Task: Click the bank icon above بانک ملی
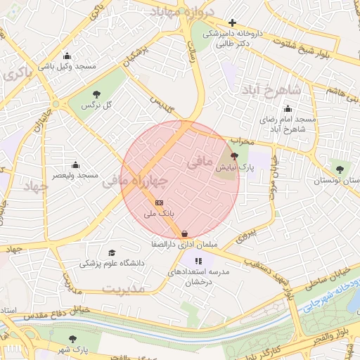[158, 202]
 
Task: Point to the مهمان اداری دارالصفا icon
[184, 234]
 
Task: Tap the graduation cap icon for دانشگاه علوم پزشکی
[112, 253]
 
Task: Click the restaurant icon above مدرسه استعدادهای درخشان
[188, 262]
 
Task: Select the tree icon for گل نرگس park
[96, 94]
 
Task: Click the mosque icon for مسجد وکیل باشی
[67, 56]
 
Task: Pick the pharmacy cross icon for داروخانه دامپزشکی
[232, 22]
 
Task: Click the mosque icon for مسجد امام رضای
[288, 109]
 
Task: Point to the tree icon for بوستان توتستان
[341, 169]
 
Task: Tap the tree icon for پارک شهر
[74, 339]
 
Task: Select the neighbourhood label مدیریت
[122, 288]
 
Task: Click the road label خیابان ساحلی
[310, 283]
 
